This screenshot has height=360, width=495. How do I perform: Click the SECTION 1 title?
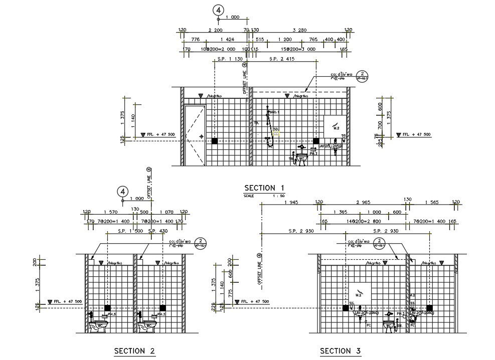pyautogui.click(x=266, y=188)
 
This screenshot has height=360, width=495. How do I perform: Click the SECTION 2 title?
pyautogui.click(x=134, y=350)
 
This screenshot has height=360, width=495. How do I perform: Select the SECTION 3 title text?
pyautogui.click(x=341, y=350)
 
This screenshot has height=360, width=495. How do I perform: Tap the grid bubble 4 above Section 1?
pyautogui.click(x=218, y=10)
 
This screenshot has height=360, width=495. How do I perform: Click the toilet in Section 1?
pyautogui.click(x=301, y=156)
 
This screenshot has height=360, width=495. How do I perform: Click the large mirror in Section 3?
pyautogui.click(x=360, y=293)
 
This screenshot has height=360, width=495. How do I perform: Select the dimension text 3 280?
pyautogui.click(x=299, y=31)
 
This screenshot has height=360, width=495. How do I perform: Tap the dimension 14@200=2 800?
pyautogui.click(x=364, y=221)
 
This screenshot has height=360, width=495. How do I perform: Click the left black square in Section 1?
pyautogui.click(x=215, y=141)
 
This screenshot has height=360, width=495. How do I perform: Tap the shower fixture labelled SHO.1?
pyautogui.click(x=270, y=128)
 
